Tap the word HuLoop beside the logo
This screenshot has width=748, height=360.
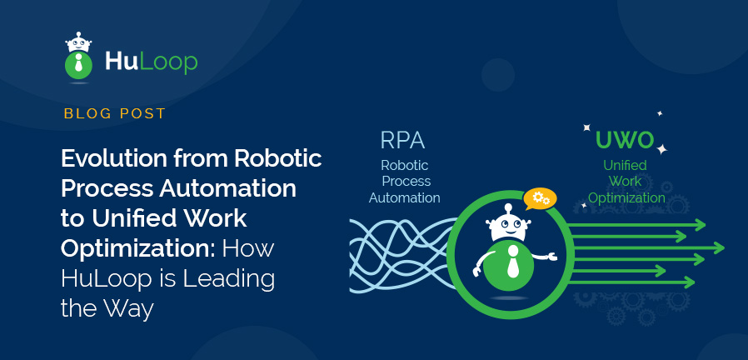tap(151, 61)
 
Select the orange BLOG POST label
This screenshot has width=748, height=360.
tap(114, 113)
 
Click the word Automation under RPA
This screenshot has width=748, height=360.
tap(405, 197)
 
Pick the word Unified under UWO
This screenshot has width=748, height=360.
tap(625, 166)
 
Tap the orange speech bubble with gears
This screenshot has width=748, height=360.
tap(541, 197)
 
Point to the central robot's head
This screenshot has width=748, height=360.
tap(509, 226)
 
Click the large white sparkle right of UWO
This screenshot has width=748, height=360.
tap(662, 149)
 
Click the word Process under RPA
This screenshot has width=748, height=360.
tap(406, 181)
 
